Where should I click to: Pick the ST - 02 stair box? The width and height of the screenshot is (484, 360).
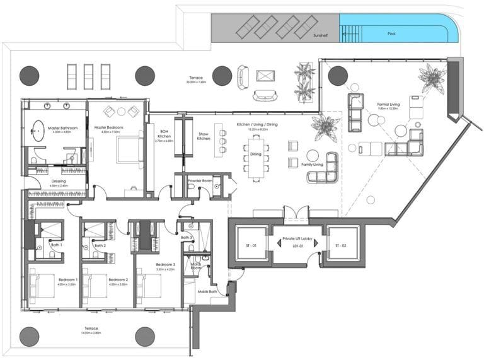coord(341,245)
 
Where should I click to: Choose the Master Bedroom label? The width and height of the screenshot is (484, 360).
coord(108,128)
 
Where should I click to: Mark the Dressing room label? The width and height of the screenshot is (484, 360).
coord(58,183)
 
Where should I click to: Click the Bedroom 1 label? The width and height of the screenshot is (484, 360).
coord(67,280)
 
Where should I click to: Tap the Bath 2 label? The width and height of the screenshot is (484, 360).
coord(99,245)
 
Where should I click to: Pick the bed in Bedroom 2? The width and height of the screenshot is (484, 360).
coord(95,289)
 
